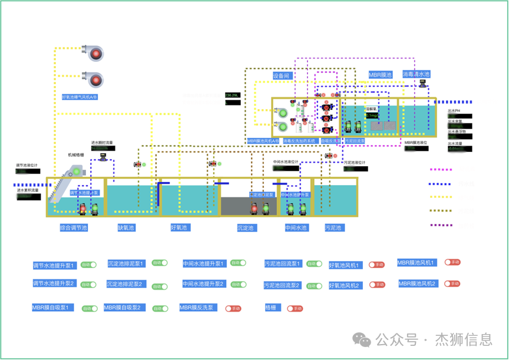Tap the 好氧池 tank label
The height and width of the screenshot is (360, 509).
[x=179, y=227]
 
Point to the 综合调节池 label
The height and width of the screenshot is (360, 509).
[x=73, y=227]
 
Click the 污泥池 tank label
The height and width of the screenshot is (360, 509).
[x=333, y=227]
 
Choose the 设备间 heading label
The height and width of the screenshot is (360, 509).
[x=282, y=76]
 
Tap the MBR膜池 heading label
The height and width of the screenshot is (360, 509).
[x=380, y=75]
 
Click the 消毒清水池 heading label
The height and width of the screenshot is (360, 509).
[x=416, y=75]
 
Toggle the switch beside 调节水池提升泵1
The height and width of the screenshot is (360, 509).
[x=88, y=266]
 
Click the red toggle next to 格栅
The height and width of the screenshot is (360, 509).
[x=294, y=308]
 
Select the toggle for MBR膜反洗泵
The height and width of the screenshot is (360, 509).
[x=233, y=308]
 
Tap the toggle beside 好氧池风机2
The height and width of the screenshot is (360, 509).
[x=376, y=285]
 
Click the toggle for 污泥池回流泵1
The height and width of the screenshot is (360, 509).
[x=315, y=264]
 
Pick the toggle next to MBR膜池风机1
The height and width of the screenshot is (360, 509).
[x=452, y=262]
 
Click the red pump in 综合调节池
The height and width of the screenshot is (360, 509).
[x=82, y=209]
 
